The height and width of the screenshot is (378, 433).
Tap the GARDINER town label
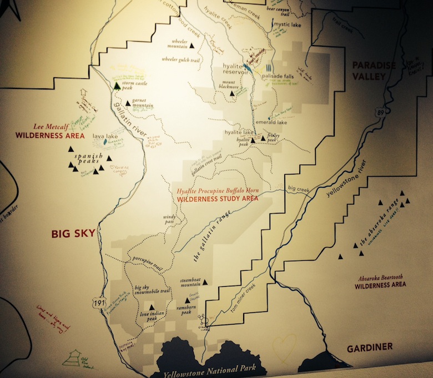click(x=370, y=347)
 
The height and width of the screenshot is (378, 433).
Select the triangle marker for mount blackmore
click(x=233, y=93)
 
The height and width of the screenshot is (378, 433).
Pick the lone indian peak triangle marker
click(x=151, y=306)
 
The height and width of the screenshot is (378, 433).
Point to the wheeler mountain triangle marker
click(x=192, y=47)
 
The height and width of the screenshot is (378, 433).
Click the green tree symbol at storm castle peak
click(x=117, y=86)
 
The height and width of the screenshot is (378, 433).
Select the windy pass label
click(x=169, y=219)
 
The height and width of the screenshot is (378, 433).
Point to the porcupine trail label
click(x=145, y=260)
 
